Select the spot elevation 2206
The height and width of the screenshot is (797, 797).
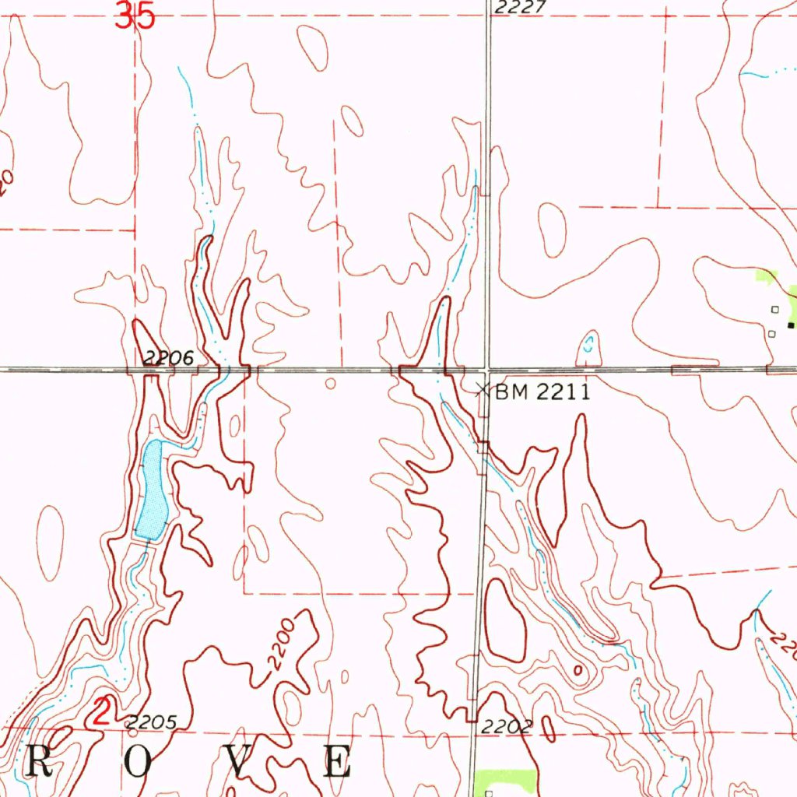[x=167, y=358]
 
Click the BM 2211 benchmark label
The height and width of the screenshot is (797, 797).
[x=542, y=391]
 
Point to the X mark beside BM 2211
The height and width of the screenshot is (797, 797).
[x=483, y=388]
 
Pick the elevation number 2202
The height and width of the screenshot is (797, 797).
[x=506, y=728]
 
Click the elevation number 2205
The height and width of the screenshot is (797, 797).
[x=153, y=722]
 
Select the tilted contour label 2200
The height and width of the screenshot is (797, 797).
[x=280, y=645]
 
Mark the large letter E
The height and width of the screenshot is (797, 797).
[x=338, y=762]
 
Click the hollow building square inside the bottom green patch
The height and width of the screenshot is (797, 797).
[x=488, y=793]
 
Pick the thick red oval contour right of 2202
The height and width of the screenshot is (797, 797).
[x=548, y=728]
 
